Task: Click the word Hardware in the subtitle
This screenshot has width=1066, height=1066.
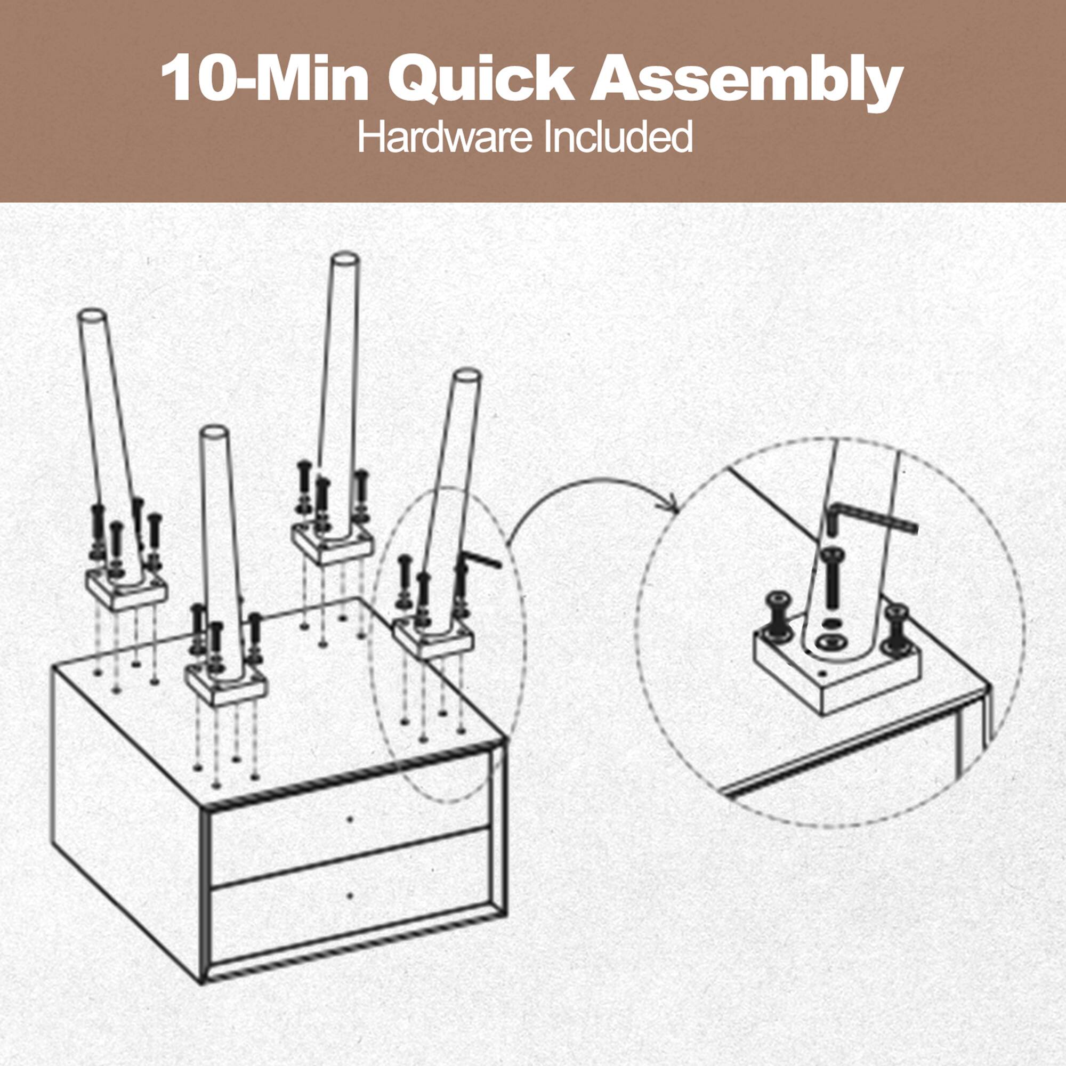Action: pyautogui.click(x=445, y=138)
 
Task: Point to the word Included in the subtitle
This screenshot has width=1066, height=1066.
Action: pyautogui.click(x=617, y=138)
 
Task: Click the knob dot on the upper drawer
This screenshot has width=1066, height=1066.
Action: pyautogui.click(x=350, y=819)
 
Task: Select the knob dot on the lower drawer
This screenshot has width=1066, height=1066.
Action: pyautogui.click(x=350, y=910)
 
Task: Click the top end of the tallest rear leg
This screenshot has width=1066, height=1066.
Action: pyautogui.click(x=345, y=260)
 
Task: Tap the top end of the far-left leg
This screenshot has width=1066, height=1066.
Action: pyautogui.click(x=91, y=317)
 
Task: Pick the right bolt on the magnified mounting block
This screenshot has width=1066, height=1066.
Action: pyautogui.click(x=896, y=626)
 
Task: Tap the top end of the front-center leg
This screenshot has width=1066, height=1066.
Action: pyautogui.click(x=215, y=433)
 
